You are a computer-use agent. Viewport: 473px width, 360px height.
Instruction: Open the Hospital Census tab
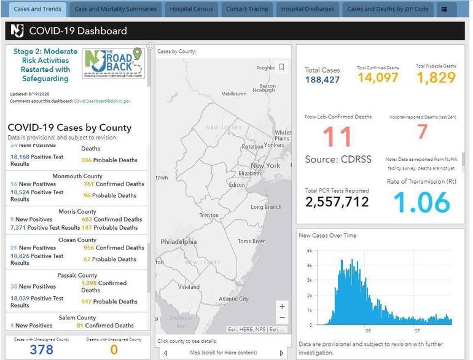click(191, 9)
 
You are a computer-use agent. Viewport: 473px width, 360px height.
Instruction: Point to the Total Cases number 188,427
click(322, 80)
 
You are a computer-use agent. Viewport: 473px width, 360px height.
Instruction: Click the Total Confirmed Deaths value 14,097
click(378, 77)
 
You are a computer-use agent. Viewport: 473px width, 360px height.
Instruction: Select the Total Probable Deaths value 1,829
click(436, 77)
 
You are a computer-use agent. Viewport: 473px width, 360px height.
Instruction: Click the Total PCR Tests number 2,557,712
click(337, 202)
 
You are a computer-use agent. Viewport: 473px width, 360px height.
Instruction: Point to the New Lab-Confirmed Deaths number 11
click(337, 137)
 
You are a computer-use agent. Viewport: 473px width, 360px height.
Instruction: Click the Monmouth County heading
click(77, 176)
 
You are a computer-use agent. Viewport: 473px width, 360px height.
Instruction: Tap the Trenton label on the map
click(209, 216)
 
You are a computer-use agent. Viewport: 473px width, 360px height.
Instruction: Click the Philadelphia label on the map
click(179, 242)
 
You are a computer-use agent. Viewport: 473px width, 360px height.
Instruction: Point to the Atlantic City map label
click(233, 299)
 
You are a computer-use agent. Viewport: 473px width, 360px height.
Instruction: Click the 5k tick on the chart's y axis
click(310, 251)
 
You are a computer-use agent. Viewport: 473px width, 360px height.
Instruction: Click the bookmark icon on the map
click(281, 67)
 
